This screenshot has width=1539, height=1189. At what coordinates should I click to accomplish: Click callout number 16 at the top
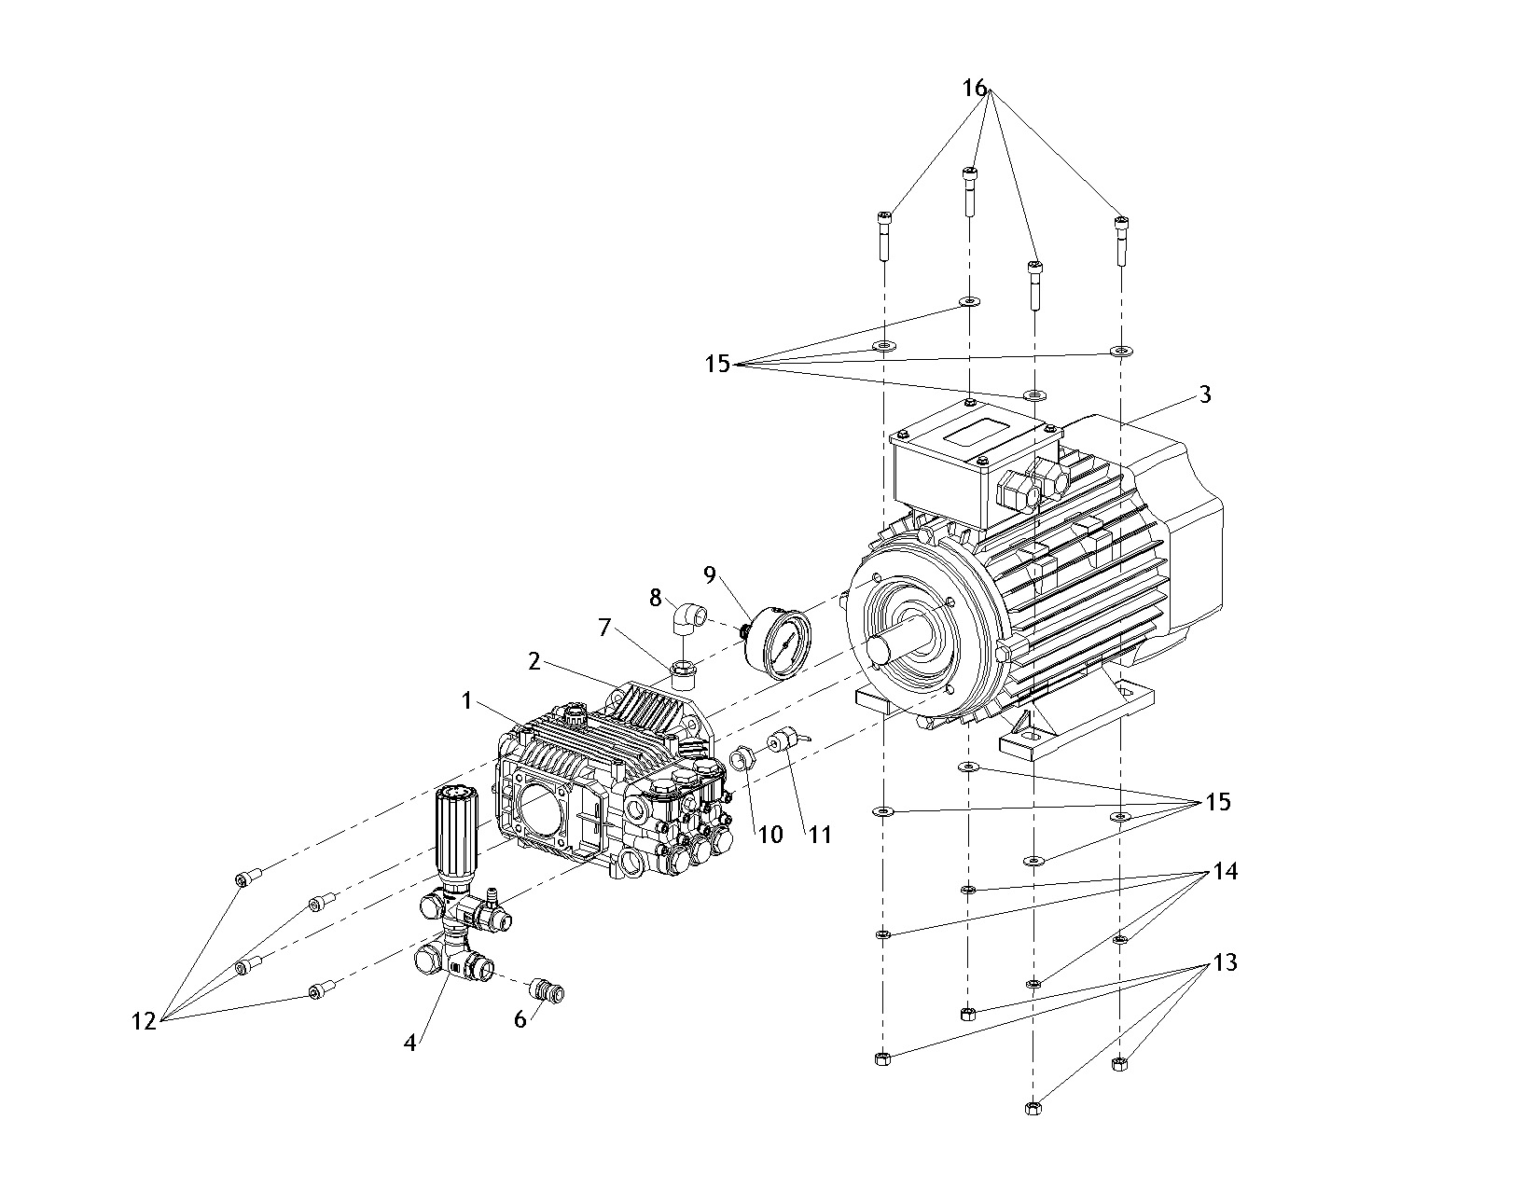974,88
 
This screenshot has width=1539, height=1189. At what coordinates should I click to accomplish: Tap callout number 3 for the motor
1205,394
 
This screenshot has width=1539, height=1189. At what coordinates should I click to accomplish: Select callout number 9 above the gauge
711,574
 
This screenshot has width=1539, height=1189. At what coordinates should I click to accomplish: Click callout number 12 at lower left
144,1021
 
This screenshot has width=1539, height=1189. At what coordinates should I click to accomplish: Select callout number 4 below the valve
409,1042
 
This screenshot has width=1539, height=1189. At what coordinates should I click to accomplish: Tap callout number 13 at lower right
1225,962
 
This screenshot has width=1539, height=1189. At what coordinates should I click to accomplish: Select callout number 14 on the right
1225,872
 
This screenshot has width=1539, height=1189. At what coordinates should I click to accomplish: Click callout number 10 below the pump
770,834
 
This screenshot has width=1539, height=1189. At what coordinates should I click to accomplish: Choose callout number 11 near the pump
819,834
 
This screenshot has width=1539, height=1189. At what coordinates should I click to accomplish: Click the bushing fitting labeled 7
683,668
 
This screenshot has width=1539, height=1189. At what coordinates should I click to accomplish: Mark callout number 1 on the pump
467,701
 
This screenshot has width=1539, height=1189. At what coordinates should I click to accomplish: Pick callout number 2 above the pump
534,661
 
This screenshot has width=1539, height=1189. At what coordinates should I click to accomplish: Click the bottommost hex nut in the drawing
1033,1107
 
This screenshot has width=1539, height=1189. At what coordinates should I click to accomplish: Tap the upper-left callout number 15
717,364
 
